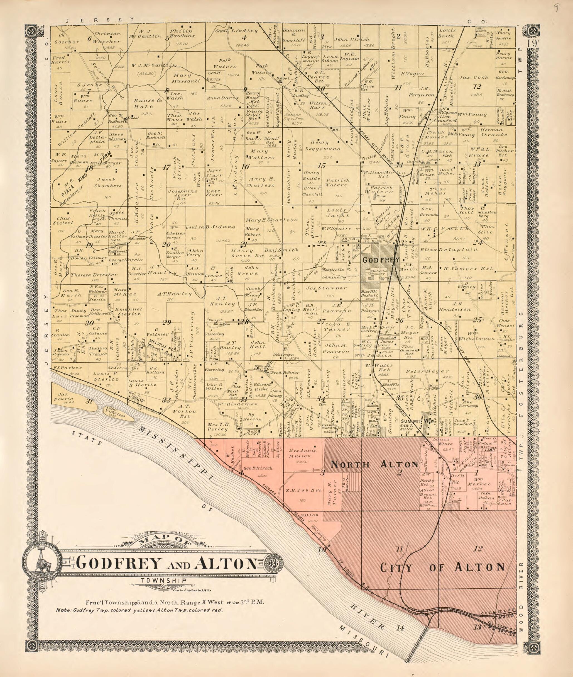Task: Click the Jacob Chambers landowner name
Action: [x=108, y=183]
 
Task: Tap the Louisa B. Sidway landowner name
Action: [x=210, y=227]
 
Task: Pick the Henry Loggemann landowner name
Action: [x=324, y=145]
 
